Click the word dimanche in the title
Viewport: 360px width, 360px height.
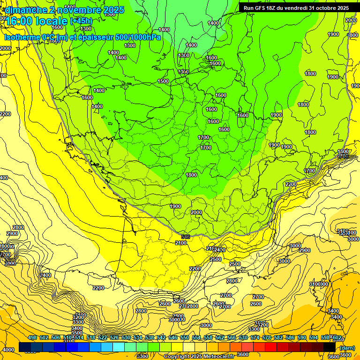(x=26, y=10)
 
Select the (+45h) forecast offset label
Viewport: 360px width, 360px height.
(x=81, y=21)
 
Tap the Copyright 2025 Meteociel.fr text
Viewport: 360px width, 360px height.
(x=199, y=356)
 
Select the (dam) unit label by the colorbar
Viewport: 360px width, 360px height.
(x=347, y=347)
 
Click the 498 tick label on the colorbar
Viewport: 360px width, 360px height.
(x=32, y=338)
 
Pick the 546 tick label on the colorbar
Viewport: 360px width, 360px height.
(x=173, y=338)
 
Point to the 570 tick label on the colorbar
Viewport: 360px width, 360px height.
(x=243, y=338)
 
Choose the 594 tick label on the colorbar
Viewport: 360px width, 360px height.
(x=313, y=338)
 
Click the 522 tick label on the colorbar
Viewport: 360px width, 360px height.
(x=103, y=338)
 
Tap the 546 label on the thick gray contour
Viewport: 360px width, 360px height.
(x=185, y=237)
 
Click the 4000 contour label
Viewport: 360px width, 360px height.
(x=8, y=350)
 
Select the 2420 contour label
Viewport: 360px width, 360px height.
(x=219, y=250)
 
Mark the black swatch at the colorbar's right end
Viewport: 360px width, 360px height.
(x=330, y=347)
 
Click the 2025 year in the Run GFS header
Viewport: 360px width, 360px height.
(x=341, y=8)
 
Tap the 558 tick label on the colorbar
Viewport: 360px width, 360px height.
(x=208, y=338)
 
